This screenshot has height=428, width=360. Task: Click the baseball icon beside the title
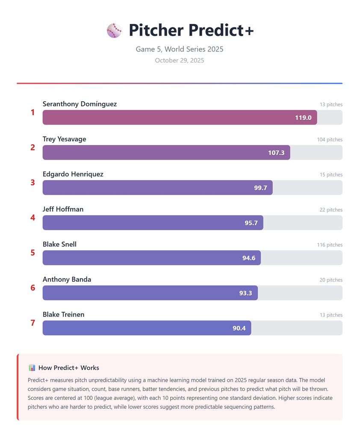coord(114,30)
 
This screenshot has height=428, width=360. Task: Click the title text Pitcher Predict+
coord(191,30)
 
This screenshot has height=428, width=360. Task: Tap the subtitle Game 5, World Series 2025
coord(180,49)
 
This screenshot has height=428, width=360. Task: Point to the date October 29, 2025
coord(180,60)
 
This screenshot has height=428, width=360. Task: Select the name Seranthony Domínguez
coord(80,104)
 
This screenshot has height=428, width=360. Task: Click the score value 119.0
coord(303,118)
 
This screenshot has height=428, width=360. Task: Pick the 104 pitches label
coord(330,140)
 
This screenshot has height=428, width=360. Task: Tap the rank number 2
coord(33,147)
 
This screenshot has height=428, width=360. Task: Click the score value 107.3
coord(276,153)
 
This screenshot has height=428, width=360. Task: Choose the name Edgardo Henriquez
coord(73,174)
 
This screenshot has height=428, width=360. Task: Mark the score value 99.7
coord(260,188)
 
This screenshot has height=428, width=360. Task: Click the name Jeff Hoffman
coord(63,209)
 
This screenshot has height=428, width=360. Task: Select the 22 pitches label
coord(331,210)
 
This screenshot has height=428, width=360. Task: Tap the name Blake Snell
coord(59,244)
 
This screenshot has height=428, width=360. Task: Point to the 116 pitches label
coord(330,245)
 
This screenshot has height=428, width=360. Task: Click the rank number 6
coord(33,288)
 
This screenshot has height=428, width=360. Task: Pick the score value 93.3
coord(245,293)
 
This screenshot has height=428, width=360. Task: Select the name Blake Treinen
coord(63,315)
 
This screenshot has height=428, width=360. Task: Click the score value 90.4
coord(239,328)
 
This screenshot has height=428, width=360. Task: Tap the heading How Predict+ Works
coord(68,368)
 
